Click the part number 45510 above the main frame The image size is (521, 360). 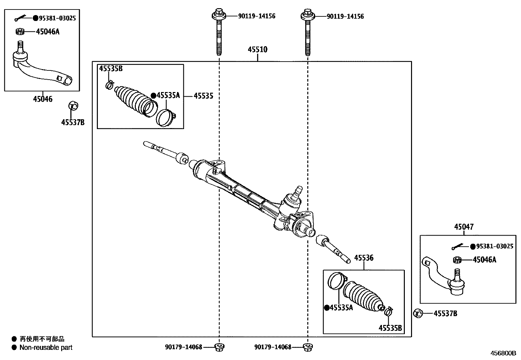pos(257,50)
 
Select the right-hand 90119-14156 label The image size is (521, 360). pos(345,16)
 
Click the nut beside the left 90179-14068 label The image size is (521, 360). pos(219,347)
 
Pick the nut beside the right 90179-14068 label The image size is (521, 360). pos(307,347)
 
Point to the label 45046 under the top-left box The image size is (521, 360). pos(42,99)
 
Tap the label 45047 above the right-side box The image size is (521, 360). pos(464,227)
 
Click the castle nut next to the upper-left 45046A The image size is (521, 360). pos(20,32)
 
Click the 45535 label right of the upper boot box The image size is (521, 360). pos(203,96)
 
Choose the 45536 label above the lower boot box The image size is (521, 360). pos(364,258)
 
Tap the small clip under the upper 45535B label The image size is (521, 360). pos(109,85)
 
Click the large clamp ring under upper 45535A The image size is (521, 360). pos(166,118)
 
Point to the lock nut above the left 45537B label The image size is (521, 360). pos(73,106)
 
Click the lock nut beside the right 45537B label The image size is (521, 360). pos(418,313)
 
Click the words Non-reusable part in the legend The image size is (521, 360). pos(46,348)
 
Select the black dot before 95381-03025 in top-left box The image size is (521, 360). pos(35,18)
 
